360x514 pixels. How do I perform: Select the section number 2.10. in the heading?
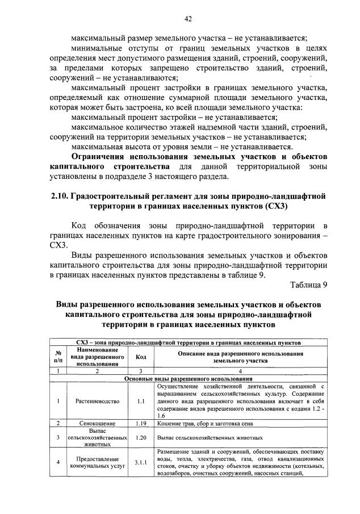[x=59, y=197]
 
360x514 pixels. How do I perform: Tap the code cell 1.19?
[x=141, y=423]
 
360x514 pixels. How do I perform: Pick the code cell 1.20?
[x=141, y=438]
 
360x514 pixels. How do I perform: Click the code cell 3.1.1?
[x=141, y=463]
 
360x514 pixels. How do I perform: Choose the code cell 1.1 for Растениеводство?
[x=141, y=401]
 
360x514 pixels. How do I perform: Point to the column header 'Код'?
[x=141, y=357]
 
